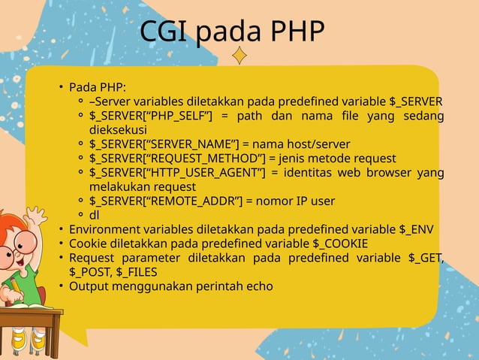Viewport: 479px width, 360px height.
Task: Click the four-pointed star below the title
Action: (239, 55)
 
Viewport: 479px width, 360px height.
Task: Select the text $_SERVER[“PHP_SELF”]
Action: (151, 116)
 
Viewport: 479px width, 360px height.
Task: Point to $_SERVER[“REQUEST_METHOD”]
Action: (176, 158)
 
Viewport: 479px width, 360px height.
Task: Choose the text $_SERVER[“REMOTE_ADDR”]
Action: (167, 201)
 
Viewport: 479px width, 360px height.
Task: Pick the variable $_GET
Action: (426, 258)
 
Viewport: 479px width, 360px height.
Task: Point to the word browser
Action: (390, 172)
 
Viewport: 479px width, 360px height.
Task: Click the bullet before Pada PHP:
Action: (62, 87)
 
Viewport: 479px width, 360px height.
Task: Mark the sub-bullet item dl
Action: (95, 215)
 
